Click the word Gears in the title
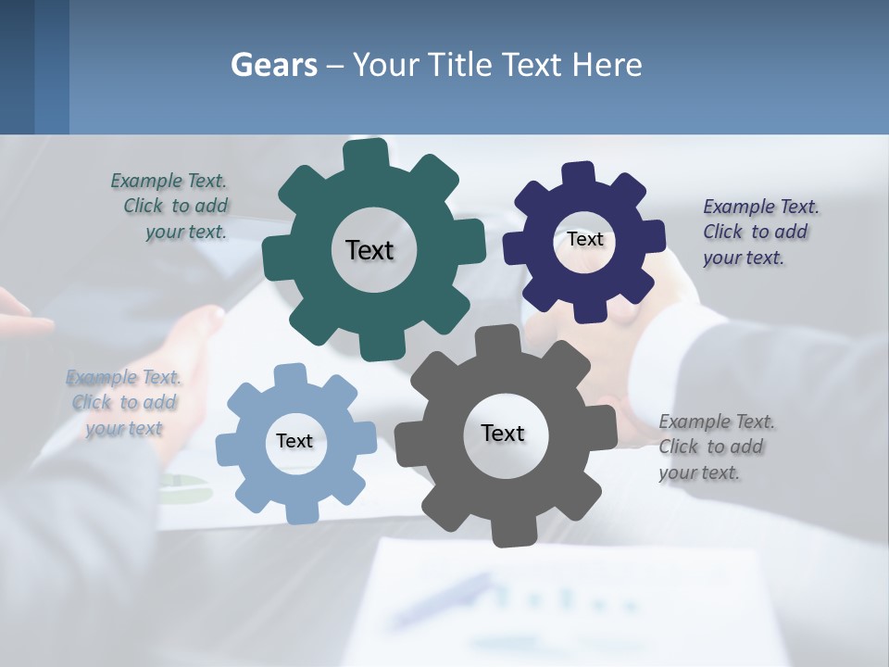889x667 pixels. (274, 66)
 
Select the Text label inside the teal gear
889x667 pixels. (369, 250)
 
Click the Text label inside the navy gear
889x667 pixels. (585, 239)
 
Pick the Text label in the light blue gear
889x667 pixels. (294, 441)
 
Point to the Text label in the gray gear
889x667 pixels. (503, 433)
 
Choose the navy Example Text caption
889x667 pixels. (759, 233)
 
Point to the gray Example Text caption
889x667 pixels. (715, 447)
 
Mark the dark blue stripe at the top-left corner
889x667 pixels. (51, 67)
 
